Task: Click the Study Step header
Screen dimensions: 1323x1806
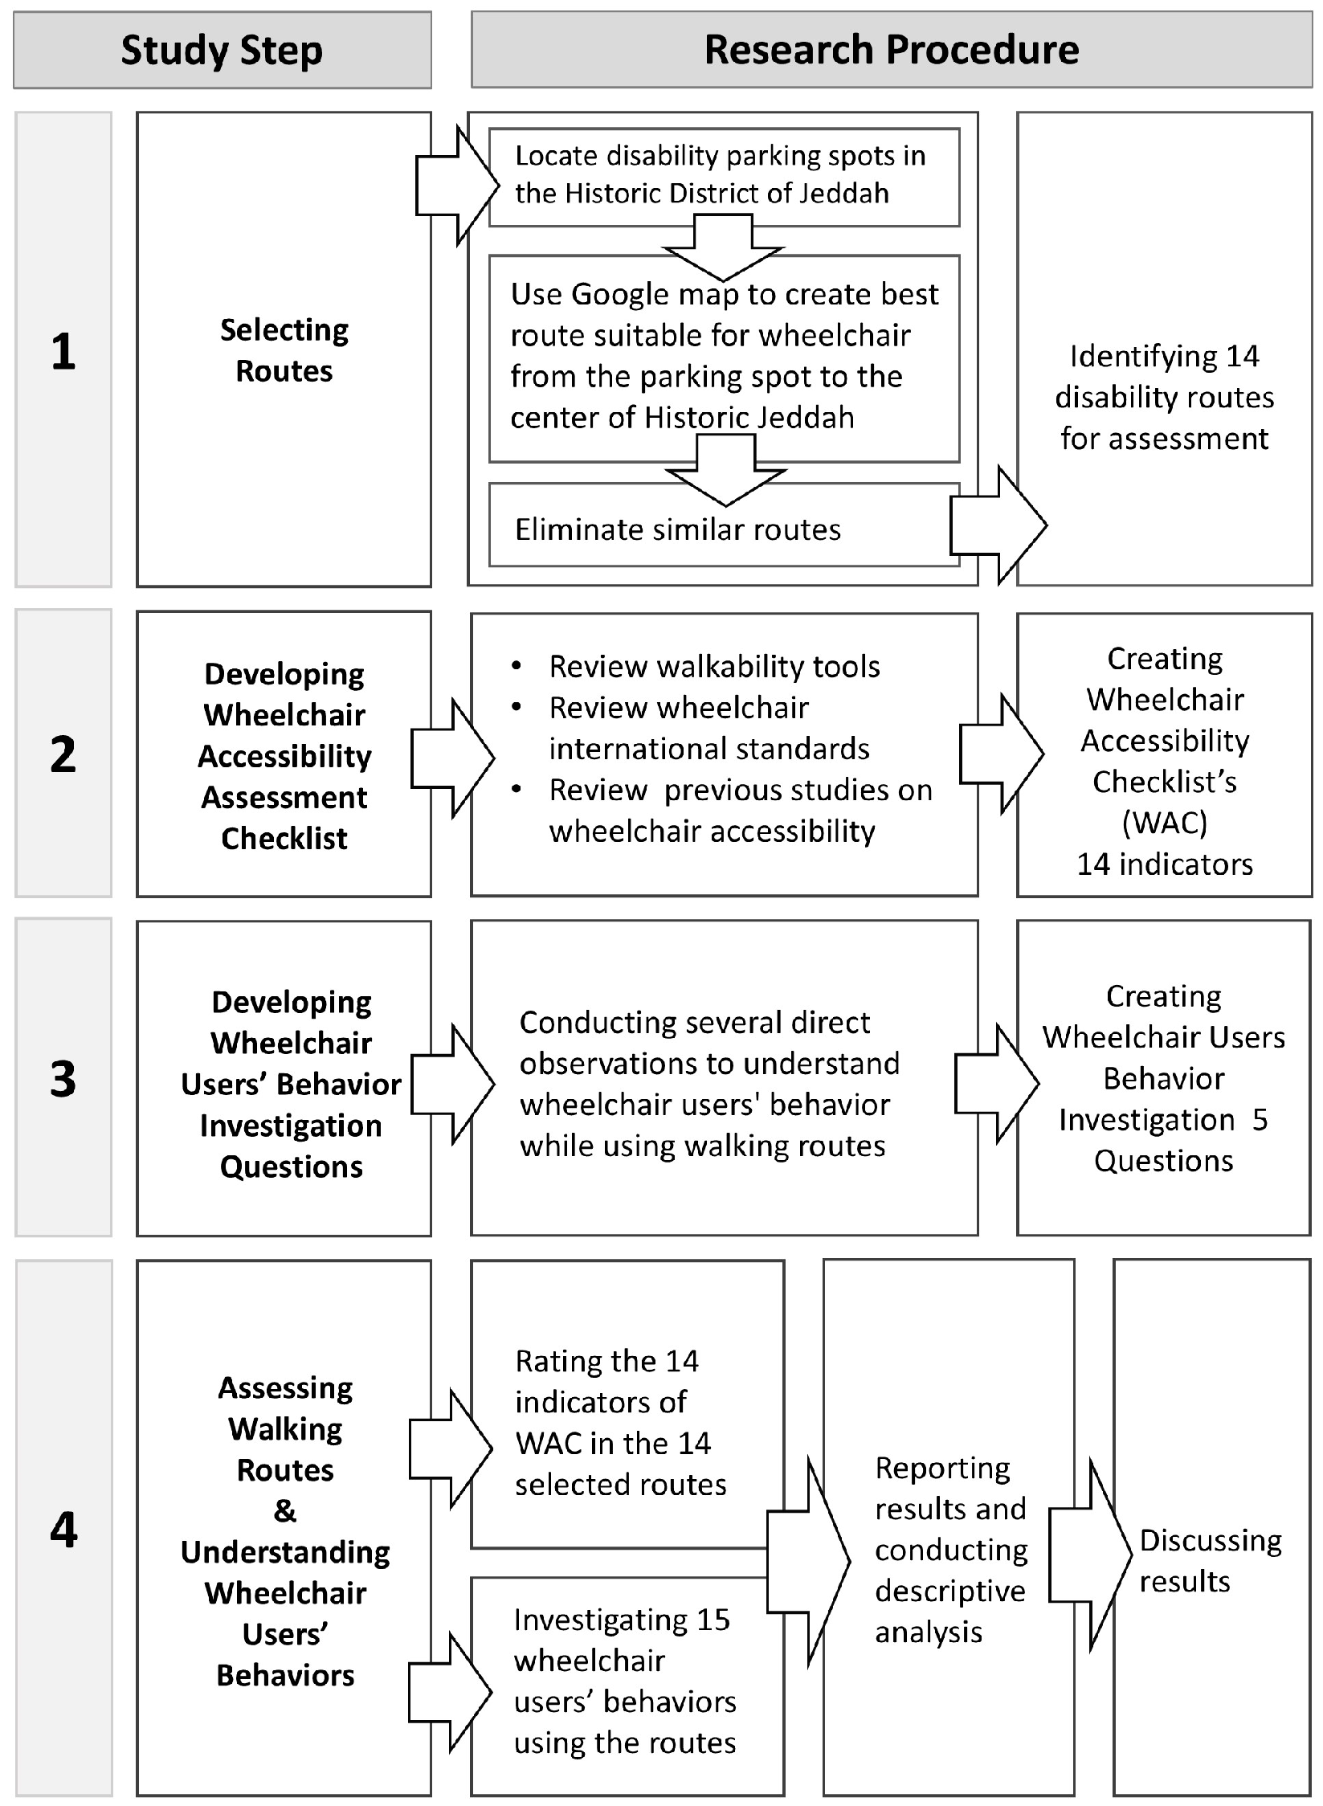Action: tap(223, 50)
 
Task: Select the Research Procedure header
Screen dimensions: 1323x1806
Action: tap(892, 50)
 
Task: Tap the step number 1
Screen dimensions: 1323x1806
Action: tap(63, 351)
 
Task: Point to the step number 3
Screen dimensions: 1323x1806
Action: tap(63, 1079)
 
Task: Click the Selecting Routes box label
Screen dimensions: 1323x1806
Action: tap(284, 350)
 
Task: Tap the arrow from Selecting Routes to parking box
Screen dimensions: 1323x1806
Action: tap(457, 185)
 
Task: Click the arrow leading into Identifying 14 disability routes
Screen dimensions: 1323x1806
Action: tap(998, 525)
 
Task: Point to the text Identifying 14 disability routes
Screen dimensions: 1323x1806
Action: tap(1165, 397)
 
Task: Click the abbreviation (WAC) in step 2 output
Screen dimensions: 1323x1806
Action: tap(1165, 823)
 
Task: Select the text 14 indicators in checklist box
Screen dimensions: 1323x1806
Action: tap(1165, 864)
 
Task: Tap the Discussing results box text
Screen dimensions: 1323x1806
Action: tap(1211, 1560)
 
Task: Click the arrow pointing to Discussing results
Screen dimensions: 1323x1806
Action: tap(1090, 1555)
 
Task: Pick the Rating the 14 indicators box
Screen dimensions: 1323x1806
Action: tap(627, 1404)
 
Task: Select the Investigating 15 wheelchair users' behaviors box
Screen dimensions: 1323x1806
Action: tap(627, 1685)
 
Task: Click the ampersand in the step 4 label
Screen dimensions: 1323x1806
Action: tap(285, 1510)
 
